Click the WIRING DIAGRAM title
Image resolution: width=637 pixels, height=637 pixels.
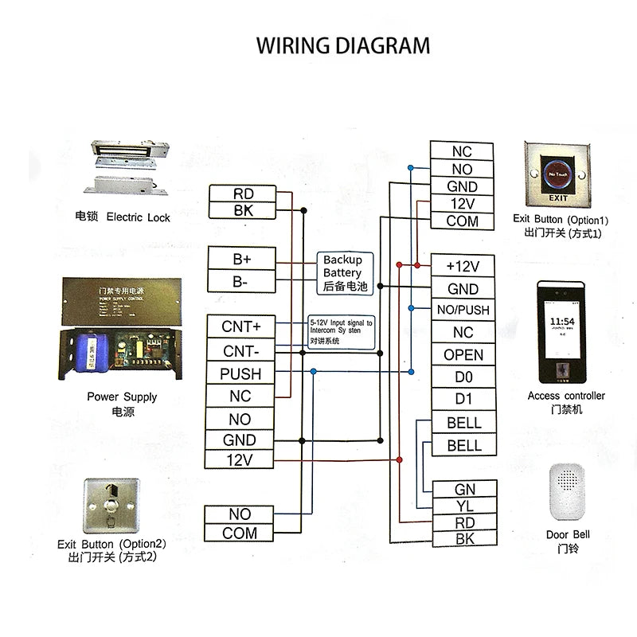(342, 45)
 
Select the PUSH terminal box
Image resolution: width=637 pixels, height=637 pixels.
(240, 373)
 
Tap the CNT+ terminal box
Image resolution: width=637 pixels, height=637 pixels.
(240, 326)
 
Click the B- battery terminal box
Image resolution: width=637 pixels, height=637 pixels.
(241, 281)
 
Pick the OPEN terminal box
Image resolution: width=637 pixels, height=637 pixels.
(463, 354)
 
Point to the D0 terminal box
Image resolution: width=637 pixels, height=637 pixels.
(463, 377)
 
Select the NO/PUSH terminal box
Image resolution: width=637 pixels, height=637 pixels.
(463, 310)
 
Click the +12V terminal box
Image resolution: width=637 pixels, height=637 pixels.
(463, 266)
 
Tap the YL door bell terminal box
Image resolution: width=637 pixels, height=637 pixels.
(464, 506)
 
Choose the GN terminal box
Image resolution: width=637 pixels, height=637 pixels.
(464, 489)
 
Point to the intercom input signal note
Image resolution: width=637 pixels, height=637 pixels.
(340, 330)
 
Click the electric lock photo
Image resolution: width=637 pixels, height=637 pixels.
(132, 168)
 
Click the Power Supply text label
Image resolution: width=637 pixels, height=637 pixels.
(122, 397)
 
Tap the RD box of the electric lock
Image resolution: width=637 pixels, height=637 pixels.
(243, 193)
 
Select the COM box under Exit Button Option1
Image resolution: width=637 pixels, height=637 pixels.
(462, 221)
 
